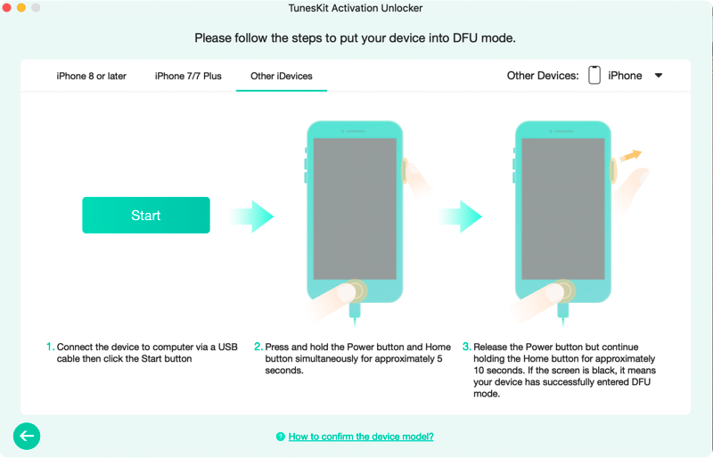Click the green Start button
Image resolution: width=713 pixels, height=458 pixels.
coord(146,215)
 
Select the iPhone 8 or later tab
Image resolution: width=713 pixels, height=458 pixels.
coord(92,76)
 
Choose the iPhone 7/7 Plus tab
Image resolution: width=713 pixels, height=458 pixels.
coord(188,76)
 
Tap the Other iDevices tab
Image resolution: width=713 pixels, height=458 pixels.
coord(282,76)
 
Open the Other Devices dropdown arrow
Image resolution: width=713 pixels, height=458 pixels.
coord(659,76)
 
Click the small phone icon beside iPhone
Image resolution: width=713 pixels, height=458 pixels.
coord(594,75)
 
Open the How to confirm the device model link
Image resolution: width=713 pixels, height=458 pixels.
coord(361,437)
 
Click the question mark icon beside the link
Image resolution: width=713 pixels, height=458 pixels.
coord(281,437)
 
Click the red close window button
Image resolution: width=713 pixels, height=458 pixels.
coord(6,7)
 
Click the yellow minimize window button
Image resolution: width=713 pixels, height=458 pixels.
coord(20,7)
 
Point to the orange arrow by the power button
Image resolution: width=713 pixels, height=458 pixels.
coord(631,156)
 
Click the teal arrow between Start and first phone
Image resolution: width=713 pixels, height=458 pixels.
coord(251,217)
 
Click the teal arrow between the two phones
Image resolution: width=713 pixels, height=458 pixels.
coord(460,217)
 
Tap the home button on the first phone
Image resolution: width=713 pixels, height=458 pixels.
coord(355,290)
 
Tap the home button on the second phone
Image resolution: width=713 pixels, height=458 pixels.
coord(563,290)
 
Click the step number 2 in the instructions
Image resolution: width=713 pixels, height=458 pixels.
coord(258,347)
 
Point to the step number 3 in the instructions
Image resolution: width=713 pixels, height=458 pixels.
coord(466,347)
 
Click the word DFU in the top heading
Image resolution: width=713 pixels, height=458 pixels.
coord(465,37)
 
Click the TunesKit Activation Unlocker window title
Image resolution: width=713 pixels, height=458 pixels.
coord(356,8)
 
